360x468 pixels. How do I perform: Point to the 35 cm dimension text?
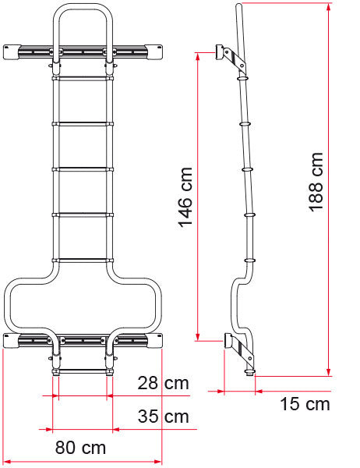click(162, 417)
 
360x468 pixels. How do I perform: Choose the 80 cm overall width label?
click(80, 448)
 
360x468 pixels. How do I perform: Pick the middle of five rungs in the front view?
click(82, 168)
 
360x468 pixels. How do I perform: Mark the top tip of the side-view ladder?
click(238, 5)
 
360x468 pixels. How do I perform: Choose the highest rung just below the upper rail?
click(82, 77)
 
